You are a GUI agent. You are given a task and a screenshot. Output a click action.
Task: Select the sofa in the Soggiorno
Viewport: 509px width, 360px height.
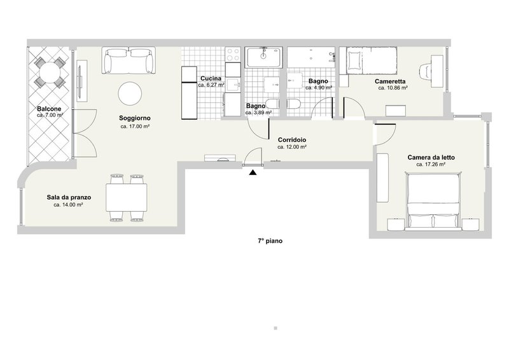129,60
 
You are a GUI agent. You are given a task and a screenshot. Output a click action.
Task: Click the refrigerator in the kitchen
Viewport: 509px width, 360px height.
190,93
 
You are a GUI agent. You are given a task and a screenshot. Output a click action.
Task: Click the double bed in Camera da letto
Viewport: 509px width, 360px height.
434,202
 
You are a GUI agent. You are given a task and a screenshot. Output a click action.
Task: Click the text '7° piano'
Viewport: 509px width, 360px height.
270,241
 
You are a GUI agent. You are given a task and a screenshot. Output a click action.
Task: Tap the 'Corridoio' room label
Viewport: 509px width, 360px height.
292,139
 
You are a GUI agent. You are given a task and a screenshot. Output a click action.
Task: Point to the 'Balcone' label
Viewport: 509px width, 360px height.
49,109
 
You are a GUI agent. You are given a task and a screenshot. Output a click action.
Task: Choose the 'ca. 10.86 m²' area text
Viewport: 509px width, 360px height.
392,88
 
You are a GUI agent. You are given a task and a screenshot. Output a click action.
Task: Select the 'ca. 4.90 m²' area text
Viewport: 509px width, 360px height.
319,88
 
